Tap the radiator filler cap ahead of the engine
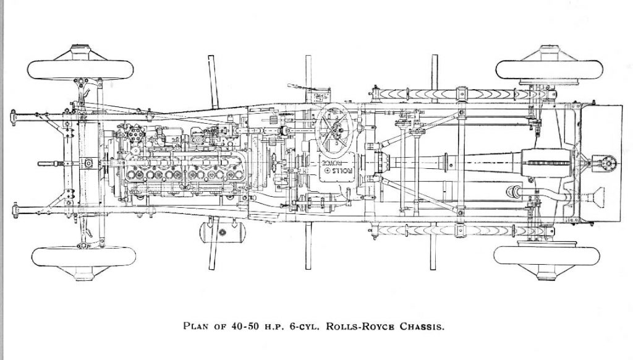pos(88,163)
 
